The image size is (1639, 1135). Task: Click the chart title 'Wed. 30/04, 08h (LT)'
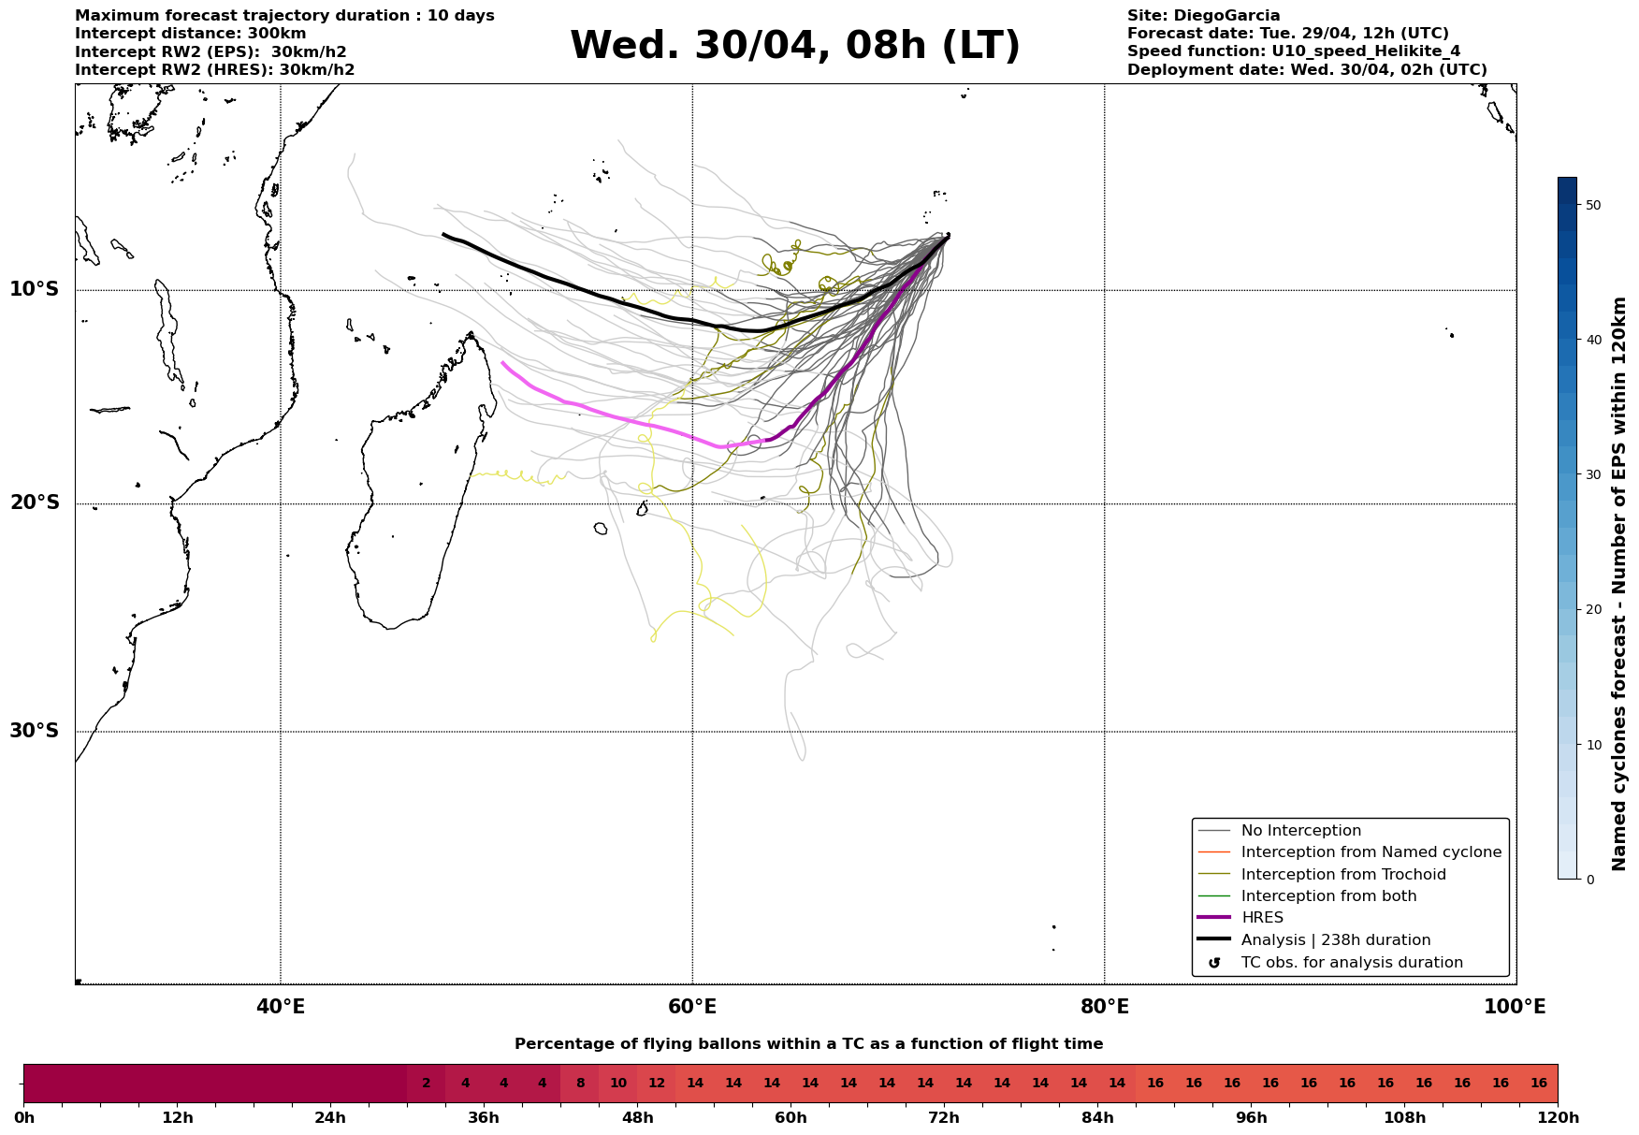pyautogui.click(x=794, y=46)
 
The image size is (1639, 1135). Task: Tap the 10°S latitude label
pyautogui.click(x=35, y=289)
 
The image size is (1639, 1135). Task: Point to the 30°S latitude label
pyautogui.click(x=35, y=731)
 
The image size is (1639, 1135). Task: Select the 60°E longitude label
pyautogui.click(x=692, y=1007)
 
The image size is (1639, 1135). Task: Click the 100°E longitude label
pyautogui.click(x=1515, y=1007)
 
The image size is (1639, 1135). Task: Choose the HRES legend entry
pyautogui.click(x=1262, y=918)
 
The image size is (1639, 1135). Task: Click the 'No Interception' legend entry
pyautogui.click(x=1300, y=831)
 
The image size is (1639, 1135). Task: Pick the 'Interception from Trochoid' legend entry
pyautogui.click(x=1342, y=875)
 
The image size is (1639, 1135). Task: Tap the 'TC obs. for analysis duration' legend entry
pyautogui.click(x=1351, y=963)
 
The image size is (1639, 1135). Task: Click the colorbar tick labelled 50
pyautogui.click(x=1592, y=205)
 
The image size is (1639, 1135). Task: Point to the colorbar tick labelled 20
pyautogui.click(x=1592, y=610)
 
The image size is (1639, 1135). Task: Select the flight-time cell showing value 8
pyautogui.click(x=580, y=1084)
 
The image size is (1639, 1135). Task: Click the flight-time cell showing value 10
pyautogui.click(x=618, y=1084)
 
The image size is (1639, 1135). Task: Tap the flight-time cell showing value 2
pyautogui.click(x=427, y=1084)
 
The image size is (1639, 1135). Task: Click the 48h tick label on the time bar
pyautogui.click(x=637, y=1118)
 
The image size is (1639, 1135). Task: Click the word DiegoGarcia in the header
pyautogui.click(x=1226, y=16)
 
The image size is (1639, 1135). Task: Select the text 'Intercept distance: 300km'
pyautogui.click(x=190, y=34)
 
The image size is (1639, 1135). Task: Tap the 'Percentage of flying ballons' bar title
pyautogui.click(x=808, y=1044)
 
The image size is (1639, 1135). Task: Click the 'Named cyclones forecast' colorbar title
pyautogui.click(x=1619, y=584)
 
